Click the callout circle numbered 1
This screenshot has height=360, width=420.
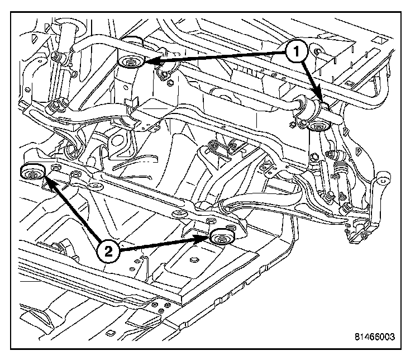click(296, 52)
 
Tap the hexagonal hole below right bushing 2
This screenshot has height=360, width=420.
click(194, 259)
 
